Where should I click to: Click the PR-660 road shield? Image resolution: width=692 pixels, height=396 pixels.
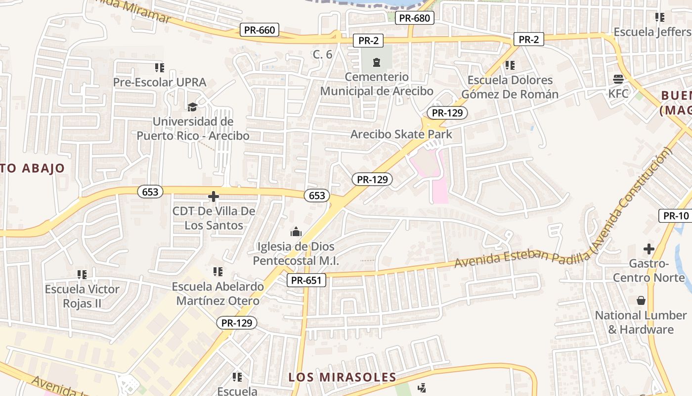tap(259, 30)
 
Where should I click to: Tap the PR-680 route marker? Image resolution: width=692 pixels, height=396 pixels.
tap(415, 18)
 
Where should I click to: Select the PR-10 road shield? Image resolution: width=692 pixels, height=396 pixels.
tap(676, 216)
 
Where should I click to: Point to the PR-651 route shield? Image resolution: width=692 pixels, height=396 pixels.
tap(306, 281)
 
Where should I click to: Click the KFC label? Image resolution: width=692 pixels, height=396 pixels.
tap(618, 93)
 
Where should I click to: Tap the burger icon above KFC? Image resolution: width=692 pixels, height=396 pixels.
tap(618, 79)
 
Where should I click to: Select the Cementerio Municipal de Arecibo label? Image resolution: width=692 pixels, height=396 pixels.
tap(377, 84)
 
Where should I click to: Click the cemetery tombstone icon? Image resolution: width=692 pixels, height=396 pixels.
tap(377, 62)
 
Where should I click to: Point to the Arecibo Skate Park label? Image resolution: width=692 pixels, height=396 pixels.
tap(401, 134)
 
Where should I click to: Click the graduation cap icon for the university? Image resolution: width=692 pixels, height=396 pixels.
tap(192, 107)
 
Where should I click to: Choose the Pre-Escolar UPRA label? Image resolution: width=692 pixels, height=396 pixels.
tap(160, 82)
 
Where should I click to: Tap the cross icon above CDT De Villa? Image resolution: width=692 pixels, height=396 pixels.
tap(214, 197)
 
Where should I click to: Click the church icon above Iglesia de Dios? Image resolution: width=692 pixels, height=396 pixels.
tap(296, 232)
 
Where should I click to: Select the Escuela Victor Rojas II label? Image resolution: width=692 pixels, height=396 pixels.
tap(82, 296)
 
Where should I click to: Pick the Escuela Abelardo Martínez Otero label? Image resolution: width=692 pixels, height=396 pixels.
tap(217, 294)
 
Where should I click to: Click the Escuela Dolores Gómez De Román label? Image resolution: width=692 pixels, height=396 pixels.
tap(510, 87)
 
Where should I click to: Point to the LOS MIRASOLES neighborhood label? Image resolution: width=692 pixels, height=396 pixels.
tap(343, 377)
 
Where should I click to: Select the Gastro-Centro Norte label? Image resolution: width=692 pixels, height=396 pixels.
tap(649, 270)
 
